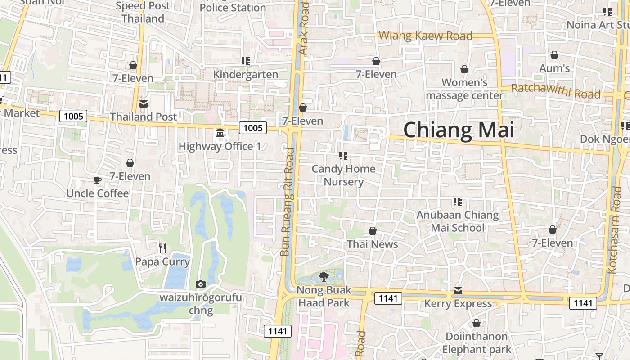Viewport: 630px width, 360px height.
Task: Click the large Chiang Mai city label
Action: tap(458, 130)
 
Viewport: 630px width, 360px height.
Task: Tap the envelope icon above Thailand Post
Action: tap(144, 104)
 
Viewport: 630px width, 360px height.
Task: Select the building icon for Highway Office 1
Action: tap(220, 133)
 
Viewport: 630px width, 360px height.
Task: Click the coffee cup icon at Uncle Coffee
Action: tap(97, 180)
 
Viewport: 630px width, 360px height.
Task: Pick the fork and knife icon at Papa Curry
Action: tap(162, 248)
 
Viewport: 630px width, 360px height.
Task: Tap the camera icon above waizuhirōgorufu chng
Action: tap(201, 284)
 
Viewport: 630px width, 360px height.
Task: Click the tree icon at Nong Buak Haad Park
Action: tap(323, 277)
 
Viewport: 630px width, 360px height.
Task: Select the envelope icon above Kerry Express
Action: tap(458, 290)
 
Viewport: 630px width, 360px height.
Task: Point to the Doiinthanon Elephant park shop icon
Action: tap(477, 323)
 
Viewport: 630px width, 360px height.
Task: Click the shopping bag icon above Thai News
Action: tap(373, 231)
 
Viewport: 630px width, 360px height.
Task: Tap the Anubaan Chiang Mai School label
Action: tap(458, 221)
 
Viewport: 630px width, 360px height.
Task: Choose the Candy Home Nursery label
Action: tap(344, 175)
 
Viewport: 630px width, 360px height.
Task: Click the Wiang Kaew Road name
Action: tap(425, 36)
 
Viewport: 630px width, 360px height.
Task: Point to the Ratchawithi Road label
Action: tap(556, 90)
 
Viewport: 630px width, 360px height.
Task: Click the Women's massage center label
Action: tap(464, 89)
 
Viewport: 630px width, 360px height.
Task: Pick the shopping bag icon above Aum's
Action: tap(554, 55)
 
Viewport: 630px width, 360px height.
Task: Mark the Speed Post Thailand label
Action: tap(143, 12)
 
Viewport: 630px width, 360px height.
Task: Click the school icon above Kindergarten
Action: tap(246, 61)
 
